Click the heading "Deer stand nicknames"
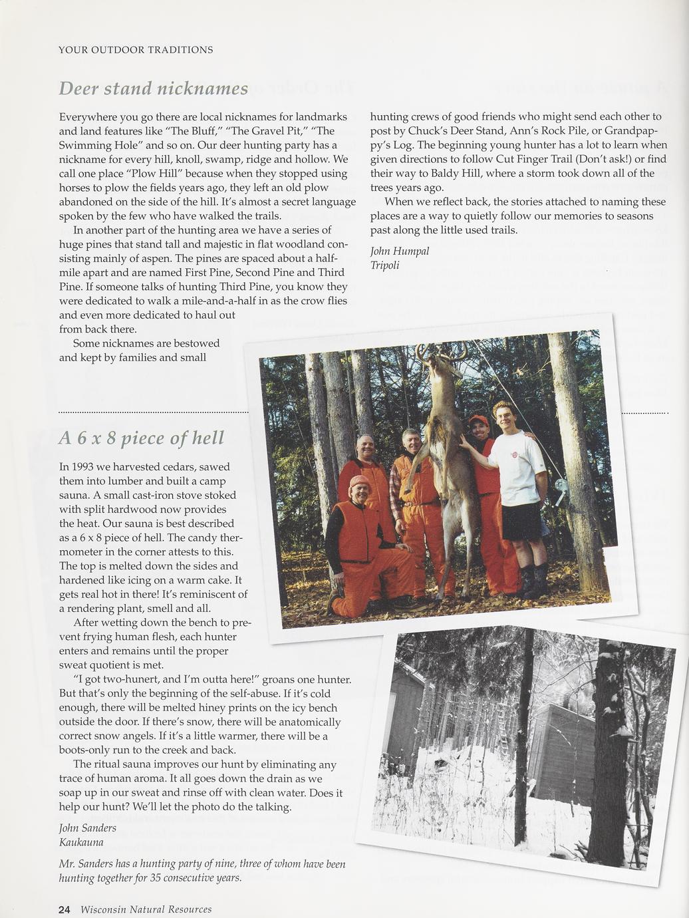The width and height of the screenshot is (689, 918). click(x=154, y=88)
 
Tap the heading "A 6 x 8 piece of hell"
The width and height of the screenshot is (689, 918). click(x=142, y=438)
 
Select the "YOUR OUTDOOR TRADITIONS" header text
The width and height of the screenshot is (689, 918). click(x=136, y=50)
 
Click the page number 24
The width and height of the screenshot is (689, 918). click(x=64, y=909)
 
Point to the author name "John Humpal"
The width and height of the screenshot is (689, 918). click(x=400, y=251)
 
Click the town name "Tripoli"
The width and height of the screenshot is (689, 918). click(x=385, y=265)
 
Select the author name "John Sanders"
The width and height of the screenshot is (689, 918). click(x=88, y=828)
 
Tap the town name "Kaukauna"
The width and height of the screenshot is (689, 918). click(x=81, y=842)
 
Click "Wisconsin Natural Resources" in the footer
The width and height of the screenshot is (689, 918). click(x=146, y=909)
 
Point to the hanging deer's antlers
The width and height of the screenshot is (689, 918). click(x=441, y=352)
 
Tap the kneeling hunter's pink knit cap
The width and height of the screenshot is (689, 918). click(x=359, y=481)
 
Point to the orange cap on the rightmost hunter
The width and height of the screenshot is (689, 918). click(x=478, y=420)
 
